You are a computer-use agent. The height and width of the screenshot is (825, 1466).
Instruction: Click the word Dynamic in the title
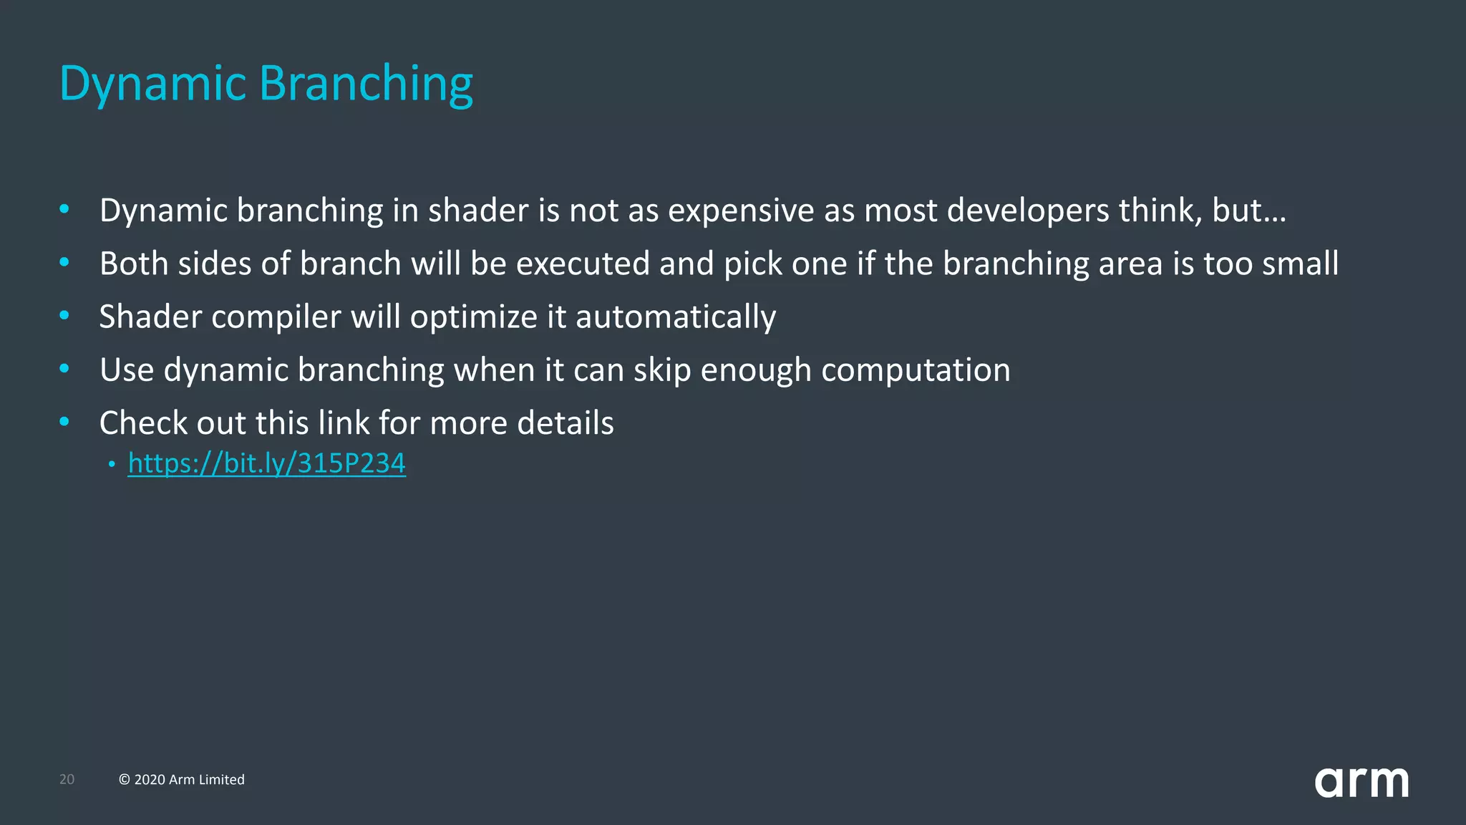click(x=152, y=85)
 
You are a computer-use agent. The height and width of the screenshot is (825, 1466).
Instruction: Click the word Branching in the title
click(x=366, y=85)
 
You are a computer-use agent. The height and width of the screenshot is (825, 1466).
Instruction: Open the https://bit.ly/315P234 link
click(x=266, y=463)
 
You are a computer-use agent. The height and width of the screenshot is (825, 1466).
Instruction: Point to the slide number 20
click(x=67, y=779)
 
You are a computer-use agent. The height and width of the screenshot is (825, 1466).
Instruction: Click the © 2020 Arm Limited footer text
click(x=182, y=779)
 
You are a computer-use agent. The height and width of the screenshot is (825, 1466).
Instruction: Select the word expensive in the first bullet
click(x=741, y=211)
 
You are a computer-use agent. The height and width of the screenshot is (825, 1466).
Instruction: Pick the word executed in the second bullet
click(x=583, y=264)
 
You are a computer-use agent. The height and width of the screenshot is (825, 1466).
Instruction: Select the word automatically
click(x=675, y=317)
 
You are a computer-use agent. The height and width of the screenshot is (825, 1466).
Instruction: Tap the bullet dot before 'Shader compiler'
click(x=64, y=315)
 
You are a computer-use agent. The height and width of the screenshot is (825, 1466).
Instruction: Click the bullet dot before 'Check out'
click(x=64, y=422)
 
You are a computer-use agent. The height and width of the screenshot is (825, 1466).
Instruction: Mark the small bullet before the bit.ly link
click(x=112, y=465)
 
